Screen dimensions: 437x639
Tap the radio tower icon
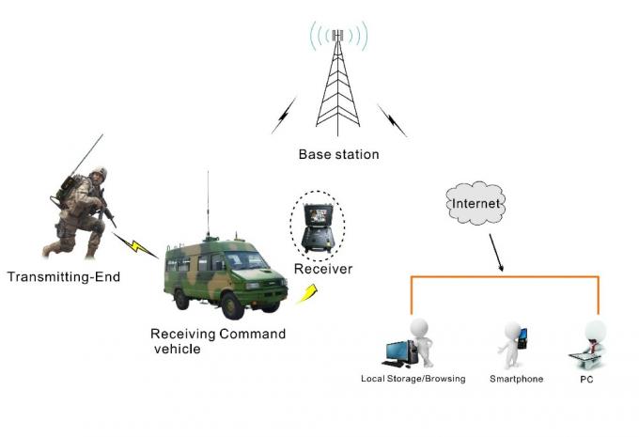click(337, 85)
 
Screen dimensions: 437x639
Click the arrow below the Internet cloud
click(495, 252)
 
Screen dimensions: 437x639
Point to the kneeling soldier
click(83, 211)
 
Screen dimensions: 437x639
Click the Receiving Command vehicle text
click(218, 341)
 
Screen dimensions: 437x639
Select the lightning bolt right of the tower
click(392, 118)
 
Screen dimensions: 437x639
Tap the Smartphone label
click(516, 379)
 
